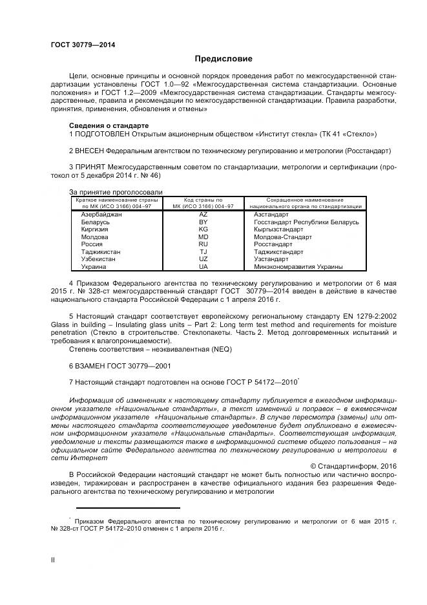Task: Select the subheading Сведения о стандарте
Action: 109,125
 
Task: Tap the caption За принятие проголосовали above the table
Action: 116,192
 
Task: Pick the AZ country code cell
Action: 203,214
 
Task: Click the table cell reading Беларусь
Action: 95,222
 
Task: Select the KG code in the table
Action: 203,229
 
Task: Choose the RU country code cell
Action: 203,244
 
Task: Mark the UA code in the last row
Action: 203,267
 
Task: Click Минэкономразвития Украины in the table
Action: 298,267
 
